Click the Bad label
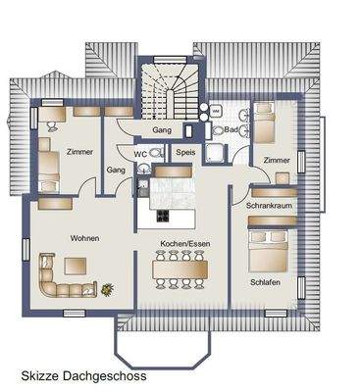pos(231,130)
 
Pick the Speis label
pos(184,153)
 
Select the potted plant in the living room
pos(106,288)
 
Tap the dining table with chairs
pos(181,268)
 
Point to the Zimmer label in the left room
pos(80,153)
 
